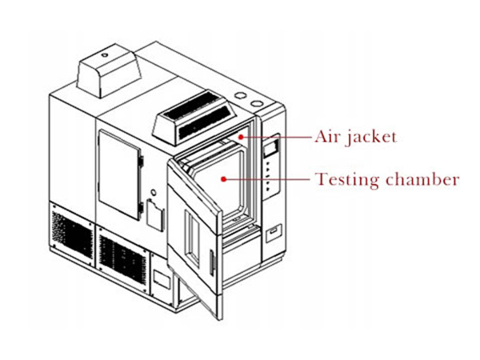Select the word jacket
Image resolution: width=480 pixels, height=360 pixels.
tap(372, 138)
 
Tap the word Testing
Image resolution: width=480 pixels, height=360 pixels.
tap(347, 180)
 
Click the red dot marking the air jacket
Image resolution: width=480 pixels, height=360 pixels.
tap(242, 137)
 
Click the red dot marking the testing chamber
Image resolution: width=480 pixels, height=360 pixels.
tap(224, 179)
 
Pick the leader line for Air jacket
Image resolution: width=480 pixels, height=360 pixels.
tap(278, 137)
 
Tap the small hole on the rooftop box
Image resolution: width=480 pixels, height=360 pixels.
tap(105, 55)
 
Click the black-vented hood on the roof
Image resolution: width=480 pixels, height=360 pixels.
tap(194, 117)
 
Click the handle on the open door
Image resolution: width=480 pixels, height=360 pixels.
tap(211, 262)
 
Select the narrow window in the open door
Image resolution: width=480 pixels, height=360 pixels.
tap(193, 238)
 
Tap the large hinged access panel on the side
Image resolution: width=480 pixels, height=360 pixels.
tap(119, 174)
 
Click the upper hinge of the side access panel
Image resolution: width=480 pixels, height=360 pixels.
tap(141, 162)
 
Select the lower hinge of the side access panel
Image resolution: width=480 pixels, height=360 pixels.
tap(141, 208)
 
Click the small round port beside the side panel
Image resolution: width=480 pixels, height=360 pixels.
tap(154, 193)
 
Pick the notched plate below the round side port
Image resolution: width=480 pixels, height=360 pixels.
tap(155, 215)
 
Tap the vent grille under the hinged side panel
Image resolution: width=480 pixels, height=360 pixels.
tap(122, 259)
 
